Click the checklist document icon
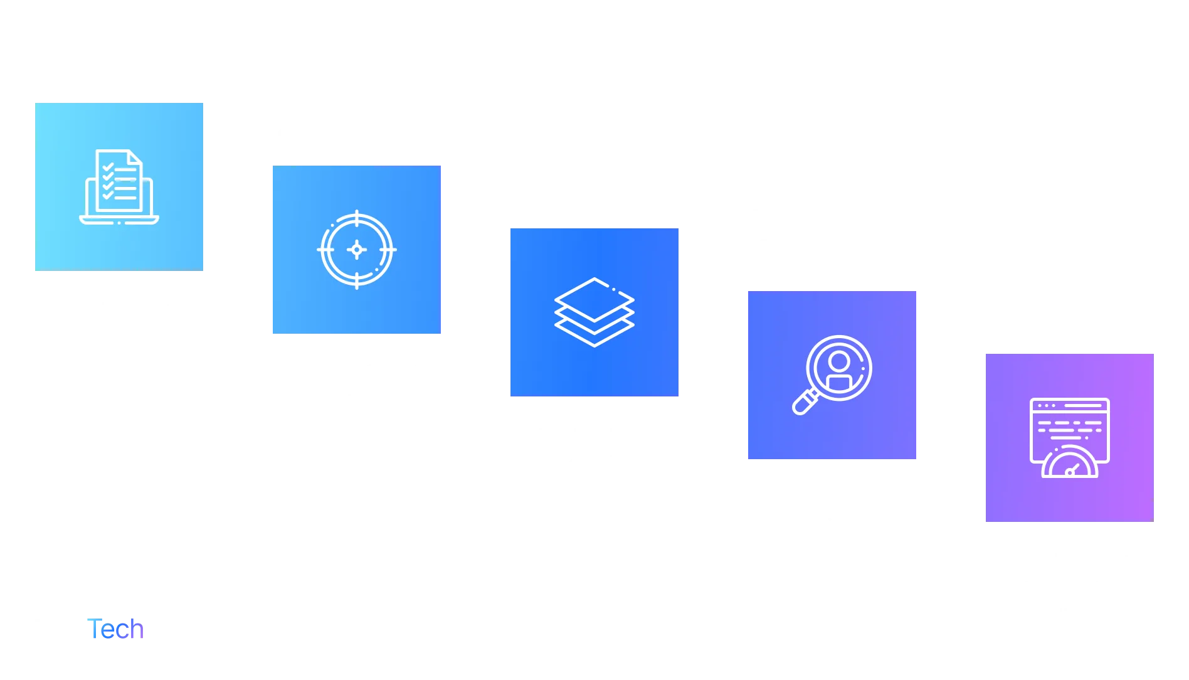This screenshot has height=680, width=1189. coord(119,186)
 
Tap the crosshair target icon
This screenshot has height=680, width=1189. coord(356,250)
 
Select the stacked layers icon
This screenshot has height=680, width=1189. coord(594,312)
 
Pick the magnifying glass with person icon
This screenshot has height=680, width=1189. coord(833,374)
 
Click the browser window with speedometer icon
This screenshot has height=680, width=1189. coord(1069,437)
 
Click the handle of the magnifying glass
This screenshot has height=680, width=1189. coord(803,403)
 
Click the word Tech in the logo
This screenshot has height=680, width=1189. coord(117,630)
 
